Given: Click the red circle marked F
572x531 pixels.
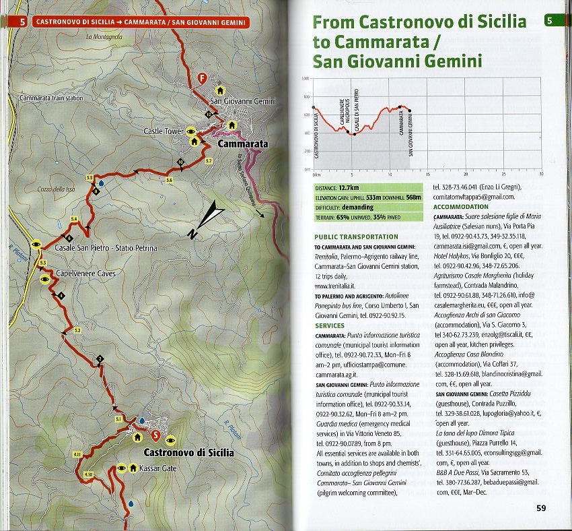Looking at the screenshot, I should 201,78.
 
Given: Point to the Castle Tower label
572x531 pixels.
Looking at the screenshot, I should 164,131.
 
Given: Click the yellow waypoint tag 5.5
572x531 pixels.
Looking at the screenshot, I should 90,177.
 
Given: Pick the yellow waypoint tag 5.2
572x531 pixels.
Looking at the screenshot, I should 77,330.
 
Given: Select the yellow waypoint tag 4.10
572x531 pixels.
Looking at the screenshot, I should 88,475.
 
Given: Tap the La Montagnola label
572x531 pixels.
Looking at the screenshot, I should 104,36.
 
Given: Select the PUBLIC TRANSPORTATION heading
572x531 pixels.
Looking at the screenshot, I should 356,237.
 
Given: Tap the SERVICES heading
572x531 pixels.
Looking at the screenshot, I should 330,325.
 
